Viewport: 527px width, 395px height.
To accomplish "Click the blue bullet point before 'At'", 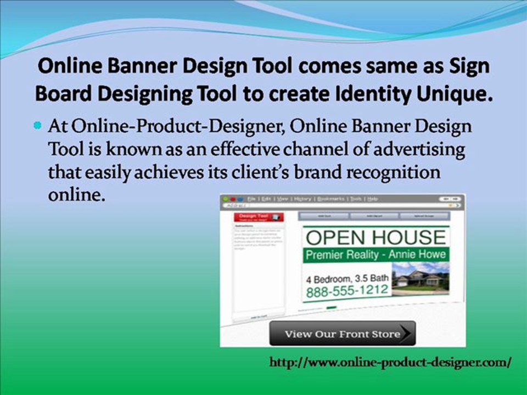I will pos(38,126).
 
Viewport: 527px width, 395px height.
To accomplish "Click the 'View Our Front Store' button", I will pos(342,334).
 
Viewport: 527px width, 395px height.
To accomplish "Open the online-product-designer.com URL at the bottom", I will pos(391,362).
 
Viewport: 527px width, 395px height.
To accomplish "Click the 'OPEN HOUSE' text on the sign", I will pos(375,237).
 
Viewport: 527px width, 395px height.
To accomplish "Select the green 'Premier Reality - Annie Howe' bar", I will pos(375,255).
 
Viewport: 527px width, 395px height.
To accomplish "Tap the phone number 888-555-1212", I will pos(347,291).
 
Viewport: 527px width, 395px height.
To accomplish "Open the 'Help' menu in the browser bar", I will pos(373,199).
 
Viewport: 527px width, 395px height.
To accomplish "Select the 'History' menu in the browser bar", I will pos(302,199).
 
